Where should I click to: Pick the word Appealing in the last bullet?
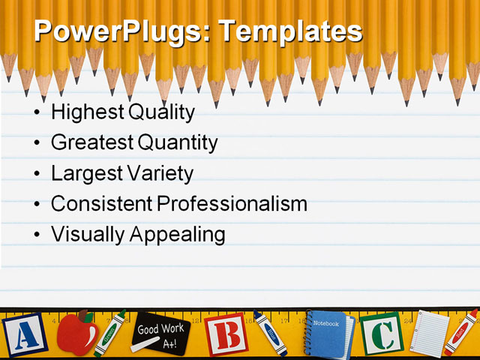pyautogui.click(x=178, y=234)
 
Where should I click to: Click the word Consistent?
pyautogui.click(x=100, y=203)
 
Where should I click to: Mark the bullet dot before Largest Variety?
pyautogui.click(x=38, y=174)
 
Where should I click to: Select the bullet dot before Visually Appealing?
pyautogui.click(x=38, y=235)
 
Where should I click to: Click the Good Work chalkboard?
pyautogui.click(x=160, y=334)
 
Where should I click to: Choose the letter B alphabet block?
pyautogui.click(x=226, y=334)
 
